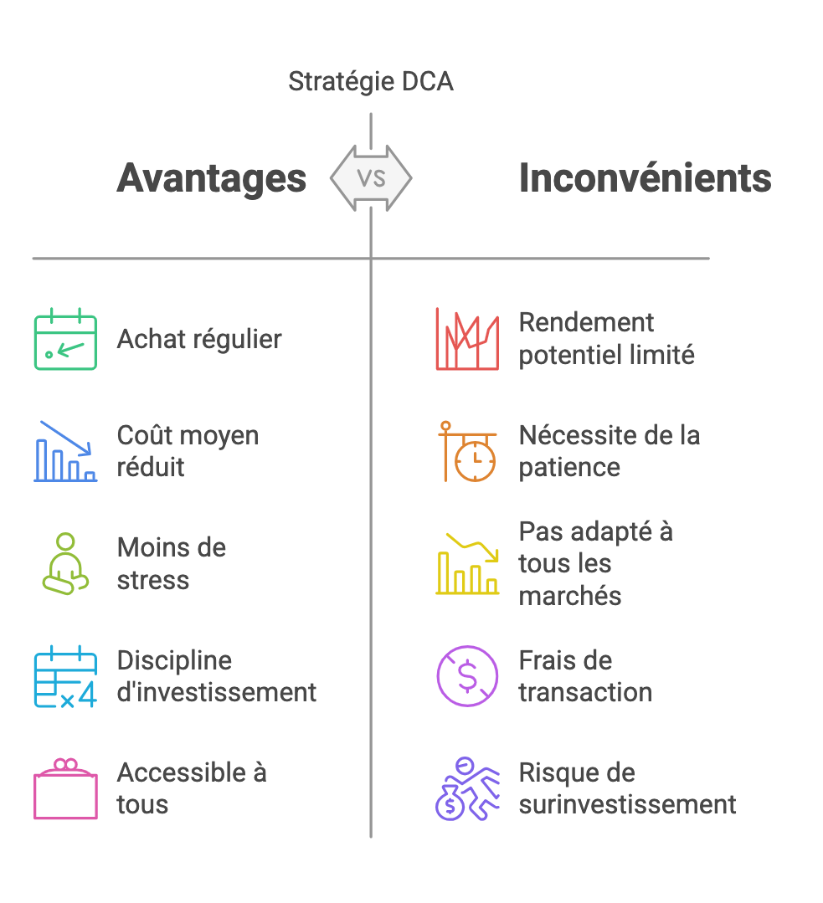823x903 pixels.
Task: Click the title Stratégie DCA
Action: (x=370, y=82)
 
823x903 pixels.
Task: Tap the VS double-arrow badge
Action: (x=370, y=177)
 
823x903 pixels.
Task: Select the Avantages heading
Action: (x=212, y=178)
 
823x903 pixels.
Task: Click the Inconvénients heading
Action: (x=645, y=178)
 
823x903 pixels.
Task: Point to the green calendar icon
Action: (x=65, y=339)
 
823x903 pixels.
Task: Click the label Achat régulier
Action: (x=199, y=339)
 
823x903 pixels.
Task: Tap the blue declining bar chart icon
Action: (x=65, y=451)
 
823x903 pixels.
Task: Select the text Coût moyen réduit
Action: (x=188, y=451)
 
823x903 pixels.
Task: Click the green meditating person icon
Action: (x=65, y=563)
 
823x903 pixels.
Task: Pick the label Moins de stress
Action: (x=172, y=563)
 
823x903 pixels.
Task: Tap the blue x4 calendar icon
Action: (x=65, y=676)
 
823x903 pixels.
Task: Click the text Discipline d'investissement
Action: (x=217, y=676)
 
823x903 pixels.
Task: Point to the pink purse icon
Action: (x=65, y=788)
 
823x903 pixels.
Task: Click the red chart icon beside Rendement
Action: (x=466, y=339)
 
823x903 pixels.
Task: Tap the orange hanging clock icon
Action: (x=466, y=451)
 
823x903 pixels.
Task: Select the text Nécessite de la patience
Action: (x=609, y=451)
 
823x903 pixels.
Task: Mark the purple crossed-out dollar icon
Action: (x=466, y=676)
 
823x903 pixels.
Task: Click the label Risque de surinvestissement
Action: (x=627, y=788)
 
